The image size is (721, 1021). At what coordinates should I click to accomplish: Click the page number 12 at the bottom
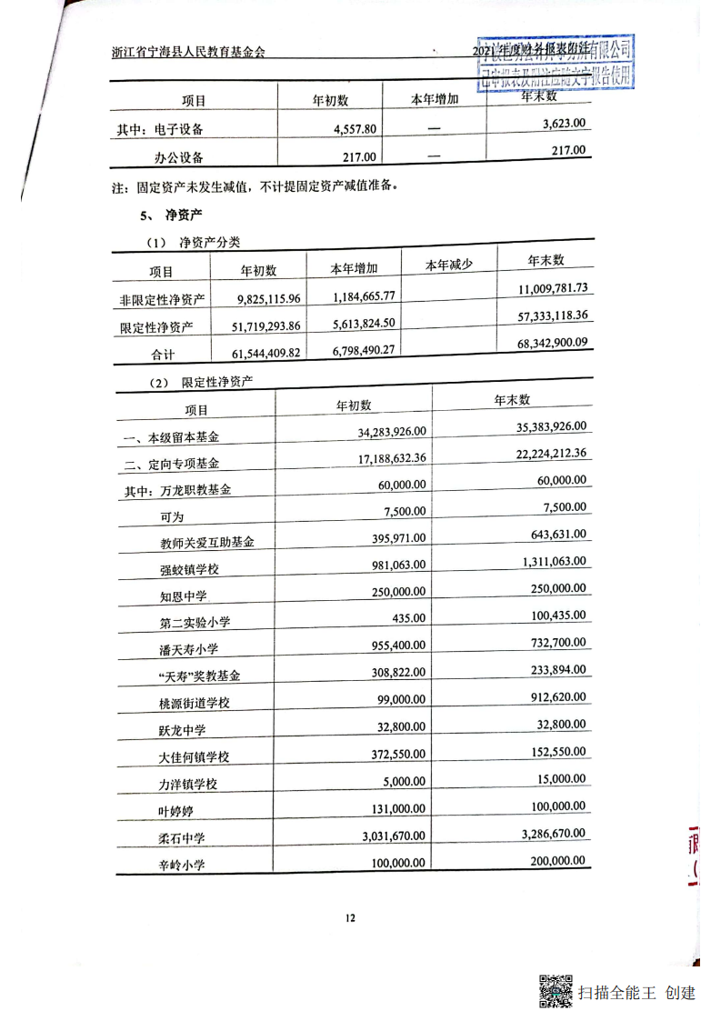tap(350, 917)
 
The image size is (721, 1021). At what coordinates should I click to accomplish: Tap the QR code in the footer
tap(556, 991)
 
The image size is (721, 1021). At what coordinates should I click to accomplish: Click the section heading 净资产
tap(183, 215)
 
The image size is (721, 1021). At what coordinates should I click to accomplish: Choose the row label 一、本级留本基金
tap(175, 438)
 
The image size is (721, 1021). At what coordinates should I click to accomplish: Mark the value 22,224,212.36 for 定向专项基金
tap(539, 454)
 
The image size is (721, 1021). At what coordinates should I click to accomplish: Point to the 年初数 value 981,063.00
tap(393, 565)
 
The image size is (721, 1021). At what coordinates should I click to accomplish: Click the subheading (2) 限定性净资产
tap(201, 383)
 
